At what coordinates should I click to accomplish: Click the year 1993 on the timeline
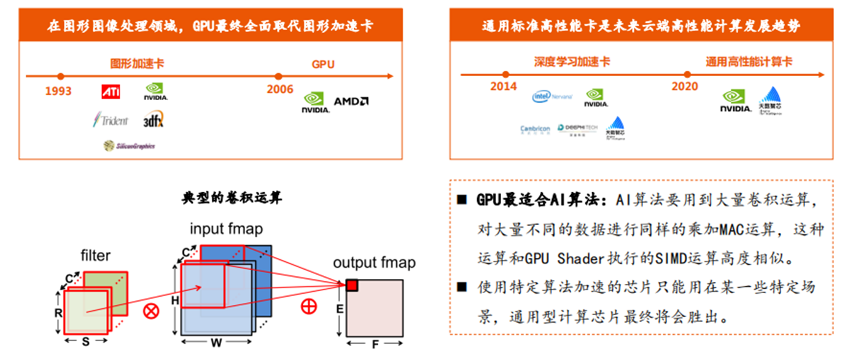click(x=58, y=91)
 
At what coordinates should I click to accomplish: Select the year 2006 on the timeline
click(x=279, y=90)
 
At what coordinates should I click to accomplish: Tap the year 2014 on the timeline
click(x=503, y=87)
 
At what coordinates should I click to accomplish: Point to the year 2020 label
click(x=684, y=87)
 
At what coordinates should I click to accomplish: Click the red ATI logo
click(x=111, y=92)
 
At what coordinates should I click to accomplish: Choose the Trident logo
click(x=111, y=119)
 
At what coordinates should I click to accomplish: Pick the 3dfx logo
click(x=153, y=119)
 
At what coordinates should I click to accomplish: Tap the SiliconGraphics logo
click(x=129, y=146)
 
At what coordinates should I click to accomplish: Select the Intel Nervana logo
click(x=552, y=96)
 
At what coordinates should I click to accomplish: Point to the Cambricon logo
click(x=535, y=129)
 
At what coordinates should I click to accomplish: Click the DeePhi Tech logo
click(x=577, y=128)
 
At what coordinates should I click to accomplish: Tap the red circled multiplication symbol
click(x=150, y=310)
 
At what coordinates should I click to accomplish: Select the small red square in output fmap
click(x=351, y=285)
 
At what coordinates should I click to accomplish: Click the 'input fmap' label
click(x=226, y=230)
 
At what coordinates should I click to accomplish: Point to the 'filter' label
click(x=95, y=255)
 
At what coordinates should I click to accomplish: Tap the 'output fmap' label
click(x=374, y=263)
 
